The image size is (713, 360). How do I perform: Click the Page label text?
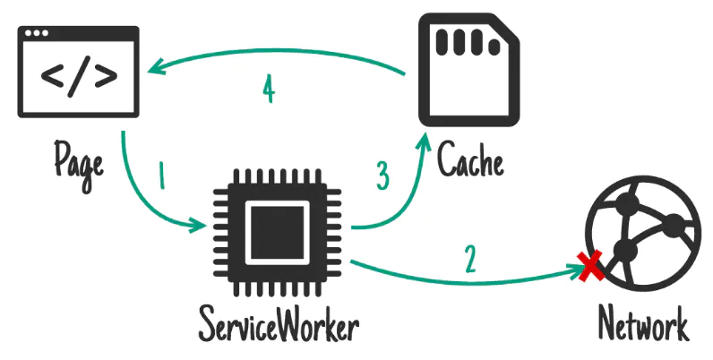pyautogui.click(x=79, y=160)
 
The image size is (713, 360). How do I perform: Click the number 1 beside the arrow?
pyautogui.click(x=162, y=176)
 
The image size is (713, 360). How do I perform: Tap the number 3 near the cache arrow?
pyautogui.click(x=382, y=176)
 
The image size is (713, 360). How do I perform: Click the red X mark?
pyautogui.click(x=589, y=265)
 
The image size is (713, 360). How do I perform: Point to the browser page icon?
pyautogui.click(x=79, y=72)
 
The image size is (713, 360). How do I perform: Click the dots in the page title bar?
pyautogui.click(x=39, y=36)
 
